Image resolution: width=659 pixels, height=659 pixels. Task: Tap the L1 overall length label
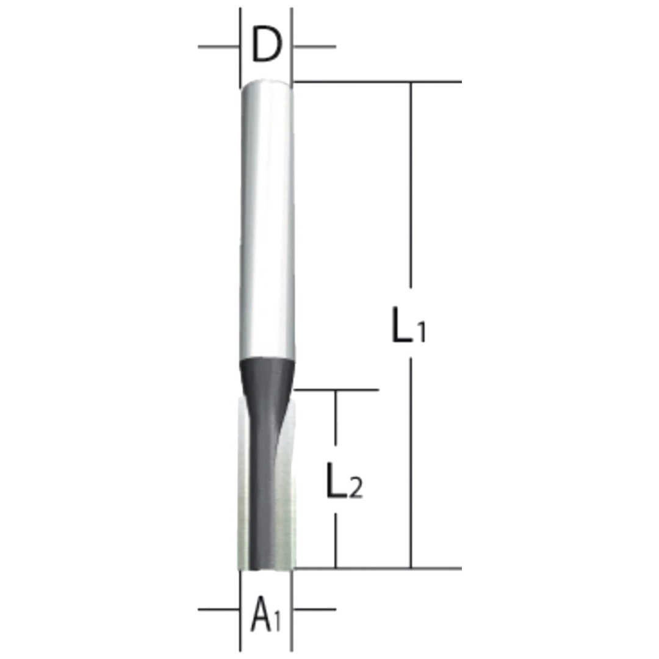point(408,325)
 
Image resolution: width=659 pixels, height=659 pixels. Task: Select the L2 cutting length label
point(344,481)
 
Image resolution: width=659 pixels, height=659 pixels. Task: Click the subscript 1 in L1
point(422,331)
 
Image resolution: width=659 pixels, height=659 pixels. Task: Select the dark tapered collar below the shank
point(267,374)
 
